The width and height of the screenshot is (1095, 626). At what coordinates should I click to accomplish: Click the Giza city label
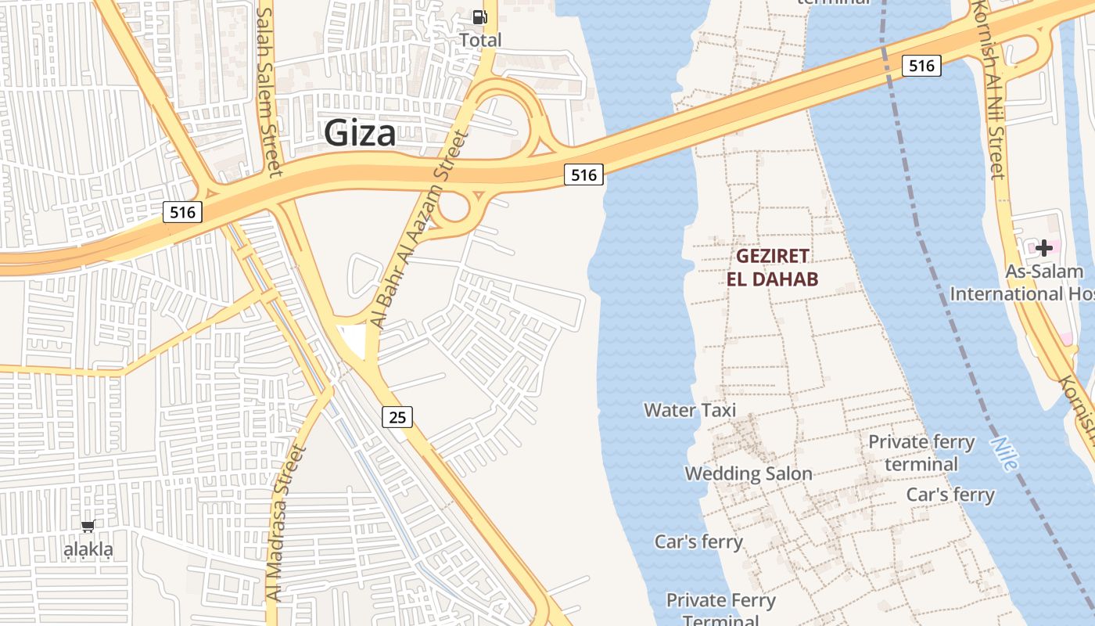coord(360,133)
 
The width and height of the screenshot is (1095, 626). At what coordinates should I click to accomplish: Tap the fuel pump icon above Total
coord(479,16)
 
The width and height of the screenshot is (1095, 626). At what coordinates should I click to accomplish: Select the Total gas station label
coord(480,40)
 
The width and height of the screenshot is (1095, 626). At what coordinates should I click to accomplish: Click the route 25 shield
coord(397,417)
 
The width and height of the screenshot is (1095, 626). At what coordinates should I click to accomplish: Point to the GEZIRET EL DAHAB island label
coord(772,268)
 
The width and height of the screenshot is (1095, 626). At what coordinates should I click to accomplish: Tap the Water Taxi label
coord(690,410)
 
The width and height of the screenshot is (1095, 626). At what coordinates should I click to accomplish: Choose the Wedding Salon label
coord(749,473)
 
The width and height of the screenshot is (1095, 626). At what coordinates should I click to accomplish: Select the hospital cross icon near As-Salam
coord(1044,248)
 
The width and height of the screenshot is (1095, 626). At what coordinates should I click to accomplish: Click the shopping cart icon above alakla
coord(88,526)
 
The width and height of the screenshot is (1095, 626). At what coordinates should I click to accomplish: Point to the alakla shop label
coord(88,549)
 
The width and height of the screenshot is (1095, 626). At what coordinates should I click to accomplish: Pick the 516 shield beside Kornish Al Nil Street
coord(921,66)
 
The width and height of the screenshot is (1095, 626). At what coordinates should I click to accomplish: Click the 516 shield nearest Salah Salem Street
coord(182,212)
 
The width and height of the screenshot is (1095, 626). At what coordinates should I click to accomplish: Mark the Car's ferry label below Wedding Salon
coord(698,541)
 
